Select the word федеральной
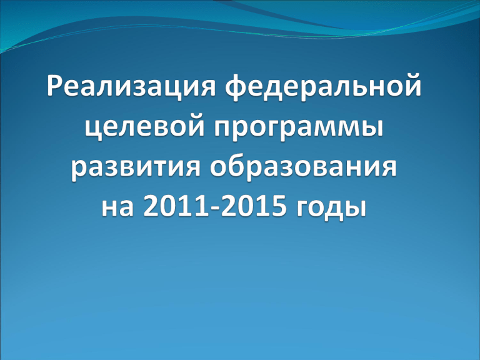[x=323, y=87]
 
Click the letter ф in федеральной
[x=237, y=87]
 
